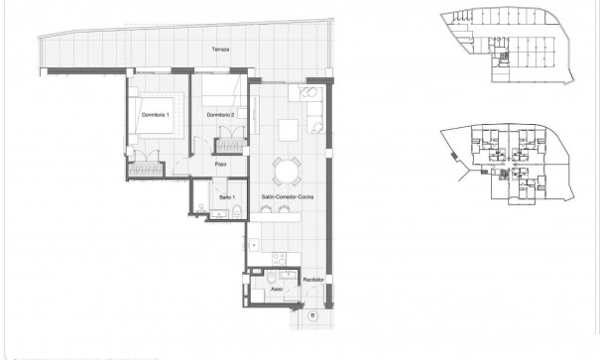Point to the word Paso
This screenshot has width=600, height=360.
(x=221, y=165)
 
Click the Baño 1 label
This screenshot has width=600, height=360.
(x=226, y=198)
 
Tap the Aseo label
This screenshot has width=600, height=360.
(x=277, y=290)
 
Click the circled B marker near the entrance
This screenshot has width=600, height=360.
(x=310, y=315)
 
